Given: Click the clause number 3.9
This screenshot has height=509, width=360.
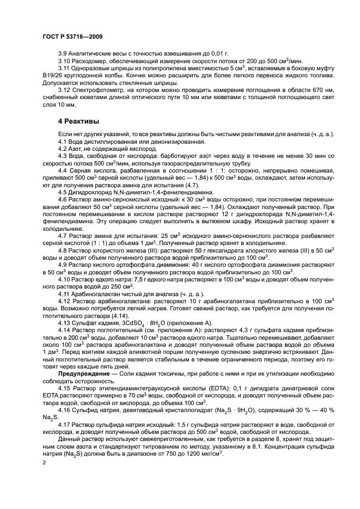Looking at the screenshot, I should (63, 54).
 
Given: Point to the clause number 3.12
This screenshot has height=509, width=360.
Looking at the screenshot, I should (65, 89).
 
